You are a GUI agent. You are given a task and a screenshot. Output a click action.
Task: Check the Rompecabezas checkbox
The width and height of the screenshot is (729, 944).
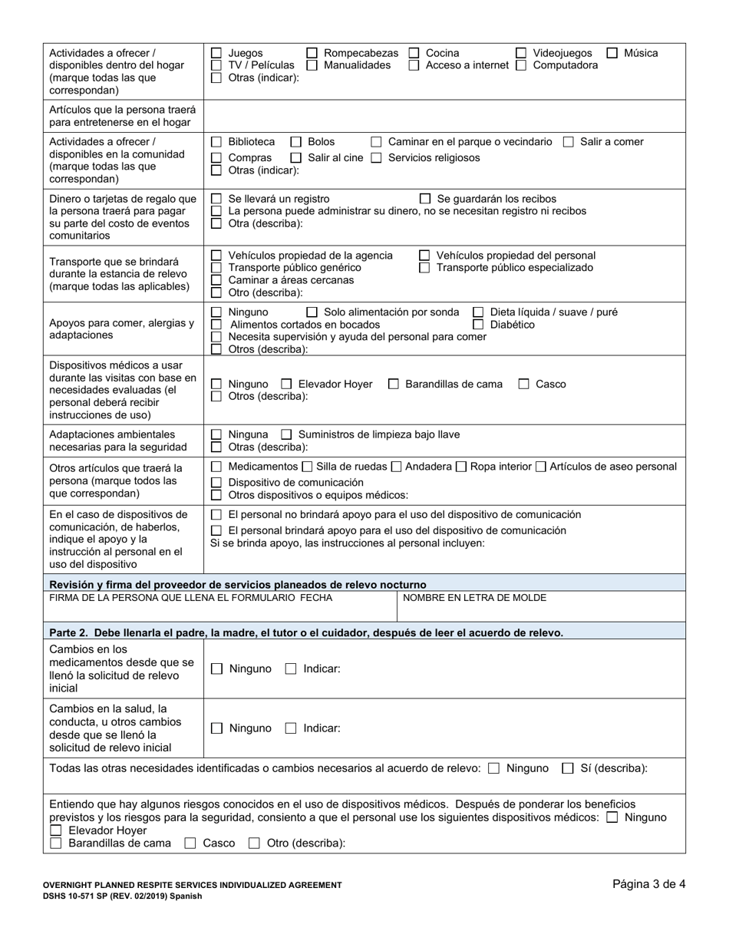click(x=312, y=53)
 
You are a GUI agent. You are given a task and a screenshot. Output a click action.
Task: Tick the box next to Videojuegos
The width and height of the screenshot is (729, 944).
click(x=521, y=53)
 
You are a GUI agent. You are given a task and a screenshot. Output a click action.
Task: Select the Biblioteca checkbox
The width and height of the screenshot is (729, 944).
click(x=216, y=142)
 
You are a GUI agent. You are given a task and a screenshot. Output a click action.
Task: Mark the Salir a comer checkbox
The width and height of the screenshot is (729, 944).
click(x=569, y=142)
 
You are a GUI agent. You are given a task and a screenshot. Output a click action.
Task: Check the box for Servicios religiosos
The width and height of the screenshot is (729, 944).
click(x=377, y=157)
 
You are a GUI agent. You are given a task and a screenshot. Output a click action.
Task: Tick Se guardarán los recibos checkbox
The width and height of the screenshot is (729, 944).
click(x=426, y=199)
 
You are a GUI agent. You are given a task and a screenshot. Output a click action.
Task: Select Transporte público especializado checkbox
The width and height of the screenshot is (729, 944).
click(x=424, y=268)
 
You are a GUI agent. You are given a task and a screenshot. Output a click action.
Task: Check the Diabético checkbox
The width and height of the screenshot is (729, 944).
click(x=478, y=325)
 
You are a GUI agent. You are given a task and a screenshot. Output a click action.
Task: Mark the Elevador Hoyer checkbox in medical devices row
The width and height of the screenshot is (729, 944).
click(x=286, y=384)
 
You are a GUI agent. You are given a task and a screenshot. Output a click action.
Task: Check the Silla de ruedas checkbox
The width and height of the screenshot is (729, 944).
click(x=307, y=467)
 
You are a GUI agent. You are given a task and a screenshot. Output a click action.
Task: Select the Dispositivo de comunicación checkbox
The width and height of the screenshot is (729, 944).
click(x=216, y=483)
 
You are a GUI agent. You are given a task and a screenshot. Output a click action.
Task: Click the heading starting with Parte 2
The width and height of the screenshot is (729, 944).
click(x=306, y=632)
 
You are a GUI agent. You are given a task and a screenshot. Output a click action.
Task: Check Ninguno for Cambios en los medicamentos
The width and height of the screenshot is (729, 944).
click(x=217, y=668)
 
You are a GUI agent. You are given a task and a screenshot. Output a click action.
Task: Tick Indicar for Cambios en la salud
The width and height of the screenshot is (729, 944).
click(x=291, y=728)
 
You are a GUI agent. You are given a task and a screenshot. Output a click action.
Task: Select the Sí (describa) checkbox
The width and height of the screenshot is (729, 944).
click(x=568, y=768)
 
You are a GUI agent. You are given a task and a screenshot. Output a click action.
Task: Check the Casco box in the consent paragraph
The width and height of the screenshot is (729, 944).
click(x=190, y=843)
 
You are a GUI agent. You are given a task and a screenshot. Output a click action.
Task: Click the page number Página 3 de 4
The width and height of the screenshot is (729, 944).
click(x=648, y=884)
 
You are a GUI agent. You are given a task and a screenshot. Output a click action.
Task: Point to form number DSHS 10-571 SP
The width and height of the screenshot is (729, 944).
click(x=123, y=896)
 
